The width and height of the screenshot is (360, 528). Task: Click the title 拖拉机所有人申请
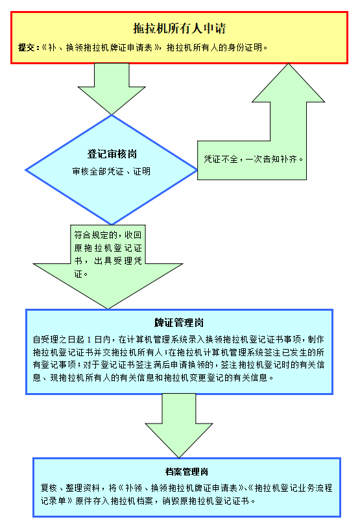[x=179, y=29]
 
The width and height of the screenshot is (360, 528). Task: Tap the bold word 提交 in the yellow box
[x=27, y=47]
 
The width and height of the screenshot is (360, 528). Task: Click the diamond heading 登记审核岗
[x=112, y=154]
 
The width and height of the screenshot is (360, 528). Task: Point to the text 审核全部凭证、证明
[x=112, y=171]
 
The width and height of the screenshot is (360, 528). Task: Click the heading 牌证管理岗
[x=179, y=322]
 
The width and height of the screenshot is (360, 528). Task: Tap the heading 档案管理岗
[x=187, y=472]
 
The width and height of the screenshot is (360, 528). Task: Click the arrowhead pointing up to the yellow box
[x=288, y=82]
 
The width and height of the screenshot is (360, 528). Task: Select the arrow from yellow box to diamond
[x=112, y=89]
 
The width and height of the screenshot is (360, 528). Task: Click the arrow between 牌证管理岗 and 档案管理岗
[x=179, y=426]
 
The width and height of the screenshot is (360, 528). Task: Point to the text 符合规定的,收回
[x=108, y=235]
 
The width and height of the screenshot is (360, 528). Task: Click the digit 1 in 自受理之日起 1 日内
[x=90, y=339]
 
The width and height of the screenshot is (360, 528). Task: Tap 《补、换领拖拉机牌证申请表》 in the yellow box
[x=101, y=47]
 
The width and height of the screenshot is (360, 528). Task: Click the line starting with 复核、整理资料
[x=187, y=488]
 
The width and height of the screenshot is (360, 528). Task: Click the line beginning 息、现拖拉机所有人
[x=153, y=378]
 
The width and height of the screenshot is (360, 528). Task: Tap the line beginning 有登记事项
[x=178, y=365]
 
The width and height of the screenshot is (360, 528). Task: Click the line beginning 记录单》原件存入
[x=148, y=501]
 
